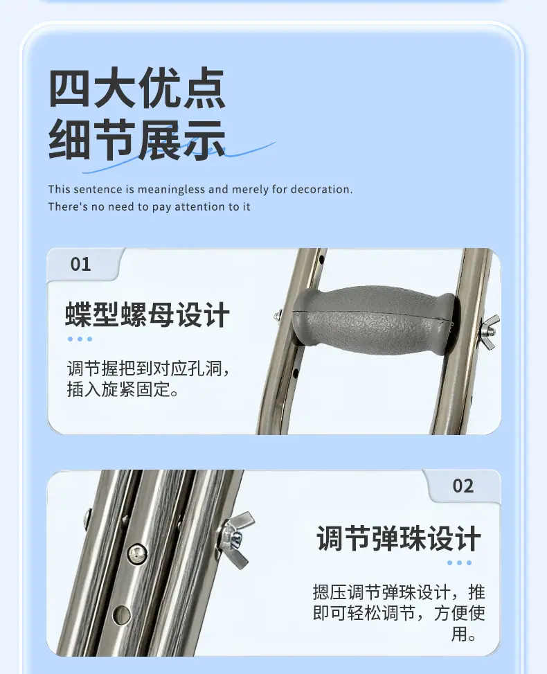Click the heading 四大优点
(x=136, y=88)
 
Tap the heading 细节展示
(x=136, y=141)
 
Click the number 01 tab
(x=81, y=264)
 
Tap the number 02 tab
(x=463, y=486)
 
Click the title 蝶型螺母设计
(x=147, y=315)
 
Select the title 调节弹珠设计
(x=398, y=538)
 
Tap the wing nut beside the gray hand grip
(x=490, y=331)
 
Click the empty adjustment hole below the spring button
(x=122, y=614)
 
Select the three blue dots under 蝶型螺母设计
(x=80, y=339)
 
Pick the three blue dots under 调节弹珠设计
(x=459, y=562)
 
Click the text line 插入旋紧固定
(x=123, y=389)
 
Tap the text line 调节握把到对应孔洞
(x=149, y=369)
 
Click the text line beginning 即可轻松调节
(x=399, y=613)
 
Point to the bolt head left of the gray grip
(x=277, y=315)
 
